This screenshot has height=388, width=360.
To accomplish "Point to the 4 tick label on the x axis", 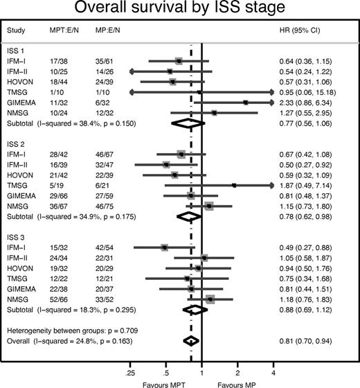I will [273, 362].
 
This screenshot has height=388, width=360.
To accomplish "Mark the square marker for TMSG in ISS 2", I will [234, 185].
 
